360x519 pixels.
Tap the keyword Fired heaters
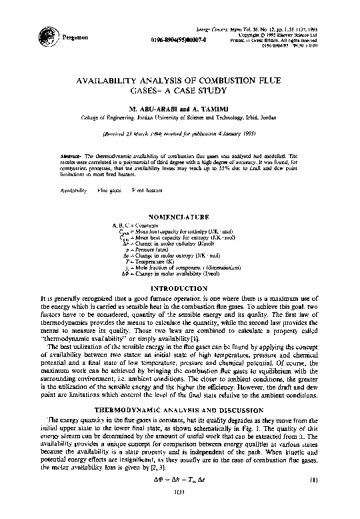pyautogui.click(x=147, y=190)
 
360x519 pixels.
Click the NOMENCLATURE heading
pyautogui.click(x=179, y=217)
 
